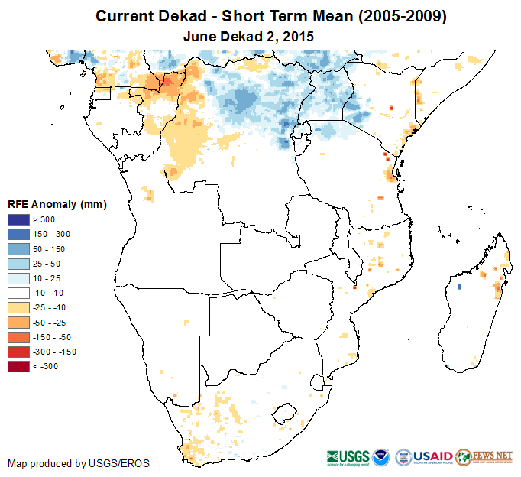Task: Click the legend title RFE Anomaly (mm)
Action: tap(57, 204)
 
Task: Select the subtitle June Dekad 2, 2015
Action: tap(249, 36)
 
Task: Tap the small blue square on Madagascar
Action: tap(459, 286)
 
